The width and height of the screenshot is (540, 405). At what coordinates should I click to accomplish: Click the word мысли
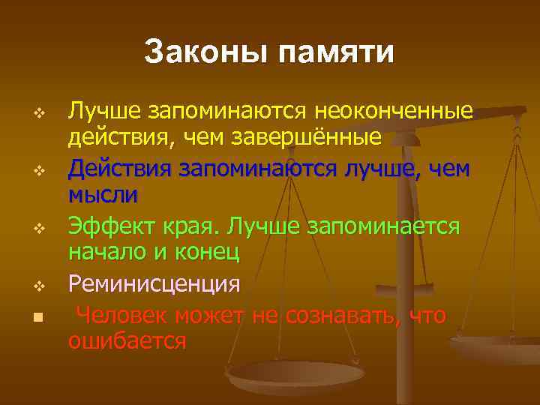[103, 195]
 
